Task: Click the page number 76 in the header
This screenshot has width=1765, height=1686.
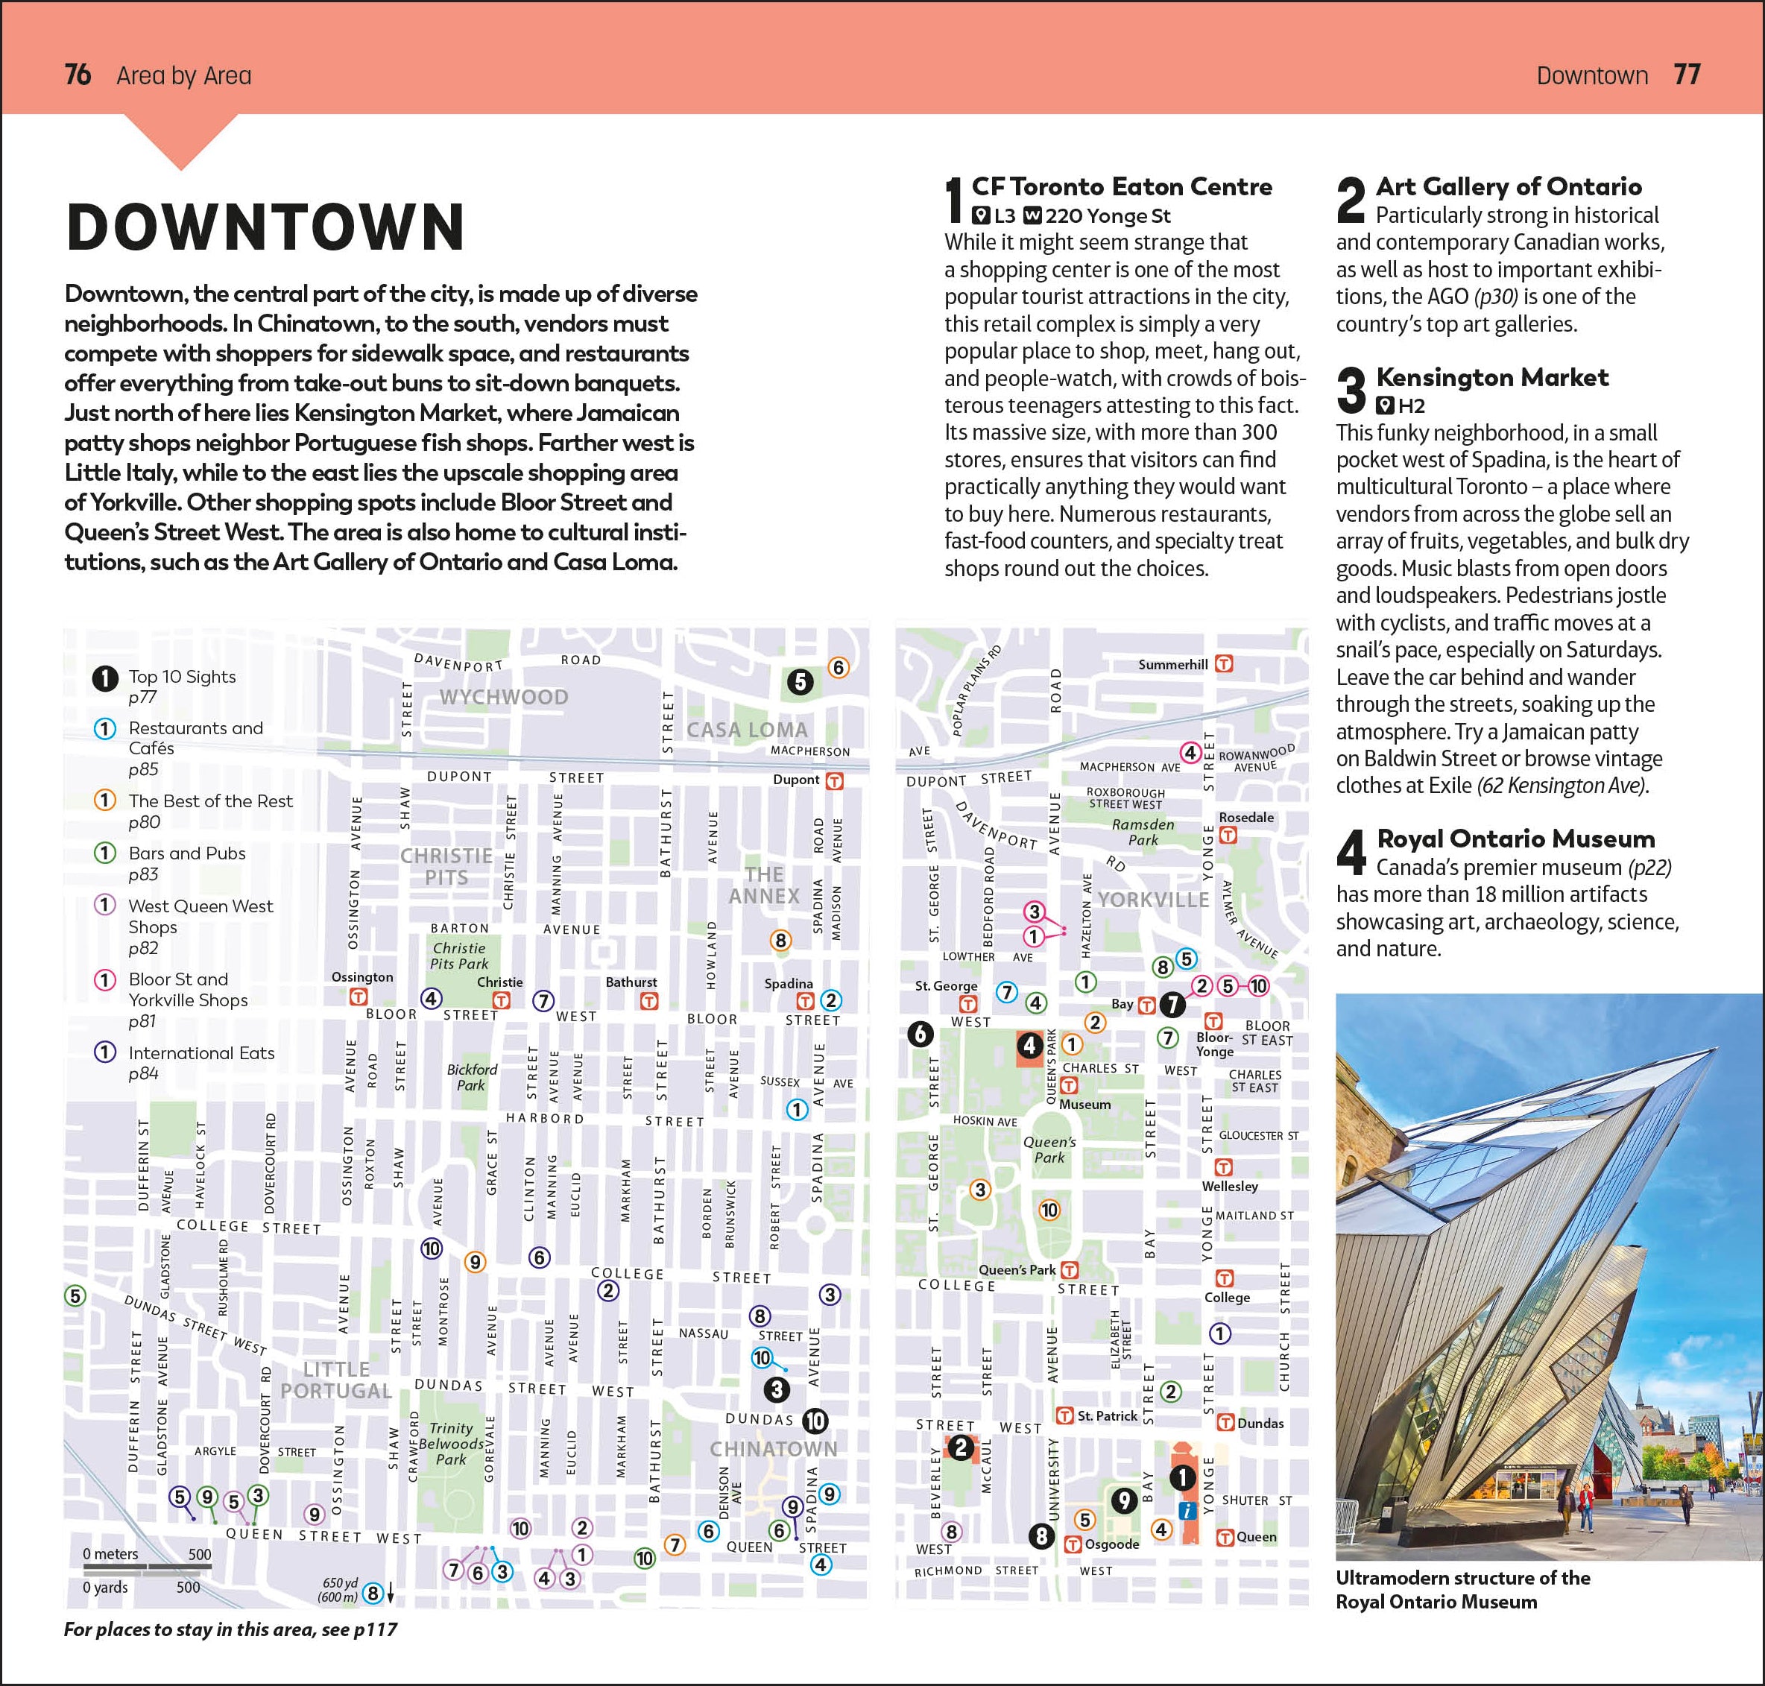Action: point(78,75)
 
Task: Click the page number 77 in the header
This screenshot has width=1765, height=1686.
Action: point(1687,75)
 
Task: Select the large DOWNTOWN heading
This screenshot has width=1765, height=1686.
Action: point(266,227)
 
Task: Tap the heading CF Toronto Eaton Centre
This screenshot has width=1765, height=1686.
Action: point(1122,187)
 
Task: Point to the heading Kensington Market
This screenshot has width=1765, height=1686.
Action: point(1491,377)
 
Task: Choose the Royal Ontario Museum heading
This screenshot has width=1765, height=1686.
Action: point(1515,839)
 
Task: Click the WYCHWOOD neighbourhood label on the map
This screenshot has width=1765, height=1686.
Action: point(503,698)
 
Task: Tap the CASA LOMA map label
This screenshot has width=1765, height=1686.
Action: point(747,730)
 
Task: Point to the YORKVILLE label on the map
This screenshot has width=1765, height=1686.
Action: point(1153,900)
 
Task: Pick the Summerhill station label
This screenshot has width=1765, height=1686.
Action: point(1172,665)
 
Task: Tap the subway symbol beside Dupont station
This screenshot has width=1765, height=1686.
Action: point(835,781)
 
